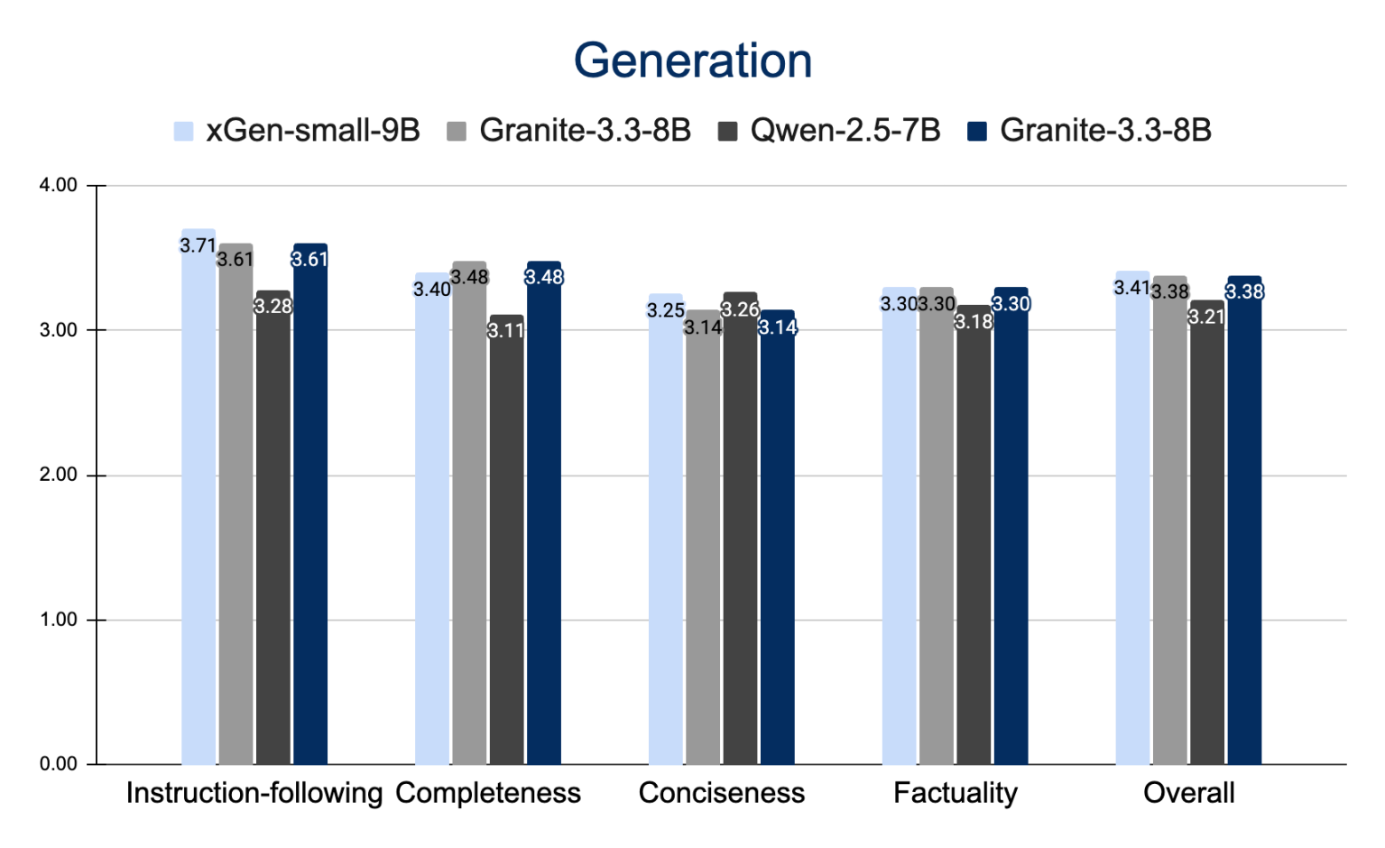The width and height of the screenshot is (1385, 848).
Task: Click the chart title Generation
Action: pyautogui.click(x=693, y=61)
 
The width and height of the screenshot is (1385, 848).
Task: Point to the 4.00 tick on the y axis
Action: pyautogui.click(x=59, y=186)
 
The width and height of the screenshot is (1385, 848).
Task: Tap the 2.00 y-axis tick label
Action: pyautogui.click(x=59, y=475)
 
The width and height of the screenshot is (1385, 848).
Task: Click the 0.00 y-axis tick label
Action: pyautogui.click(x=59, y=764)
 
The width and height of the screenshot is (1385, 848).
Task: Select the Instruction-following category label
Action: pyautogui.click(x=254, y=793)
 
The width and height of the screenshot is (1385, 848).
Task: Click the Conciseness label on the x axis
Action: pyautogui.click(x=722, y=793)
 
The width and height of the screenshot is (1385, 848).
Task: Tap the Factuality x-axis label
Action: pyautogui.click(x=956, y=793)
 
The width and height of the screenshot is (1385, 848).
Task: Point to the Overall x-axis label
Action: pyautogui.click(x=1188, y=793)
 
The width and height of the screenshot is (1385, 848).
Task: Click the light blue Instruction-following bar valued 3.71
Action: pyautogui.click(x=199, y=505)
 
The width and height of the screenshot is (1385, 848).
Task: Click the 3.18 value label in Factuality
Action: pyautogui.click(x=974, y=322)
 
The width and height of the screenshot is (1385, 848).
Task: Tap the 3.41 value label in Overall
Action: pyautogui.click(x=1132, y=288)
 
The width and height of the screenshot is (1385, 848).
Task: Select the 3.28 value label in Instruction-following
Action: pyautogui.click(x=272, y=306)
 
